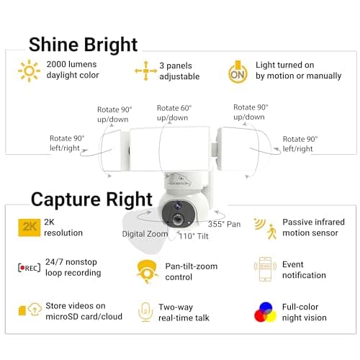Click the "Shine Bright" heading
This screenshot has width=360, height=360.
click(83, 44)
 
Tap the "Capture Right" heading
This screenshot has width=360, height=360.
click(91, 199)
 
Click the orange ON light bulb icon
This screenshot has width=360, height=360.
click(238, 71)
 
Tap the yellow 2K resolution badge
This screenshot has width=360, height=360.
click(30, 228)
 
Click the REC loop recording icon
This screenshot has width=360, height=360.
click(30, 268)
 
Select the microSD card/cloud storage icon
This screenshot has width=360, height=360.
click(30, 310)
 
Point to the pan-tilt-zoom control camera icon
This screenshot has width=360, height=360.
click(146, 270)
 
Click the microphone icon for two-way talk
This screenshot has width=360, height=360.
click(146, 311)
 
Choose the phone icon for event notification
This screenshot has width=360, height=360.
click(265, 269)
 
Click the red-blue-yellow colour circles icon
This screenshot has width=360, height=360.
click(265, 311)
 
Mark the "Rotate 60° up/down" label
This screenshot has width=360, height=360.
click(173, 113)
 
